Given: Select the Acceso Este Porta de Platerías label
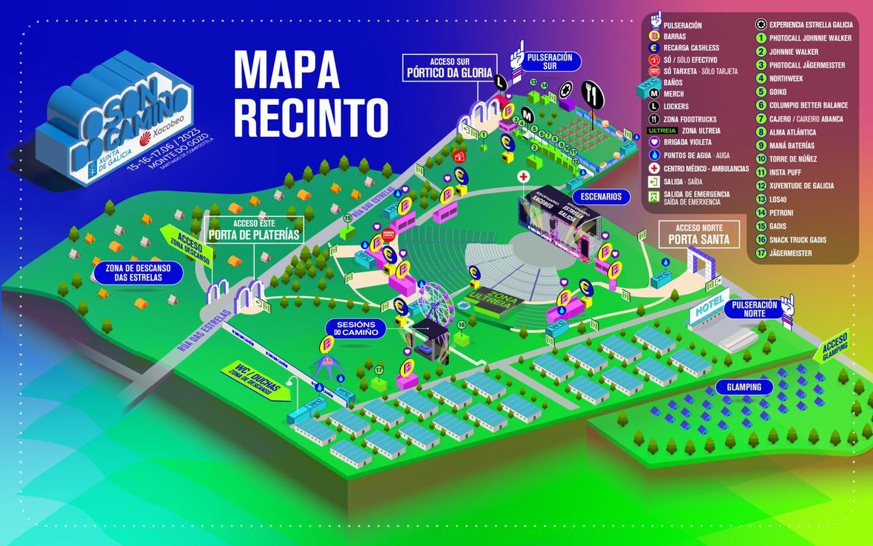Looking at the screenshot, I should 254,230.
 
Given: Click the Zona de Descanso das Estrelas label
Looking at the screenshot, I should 137,272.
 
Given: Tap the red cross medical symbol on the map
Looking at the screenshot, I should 522,178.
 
